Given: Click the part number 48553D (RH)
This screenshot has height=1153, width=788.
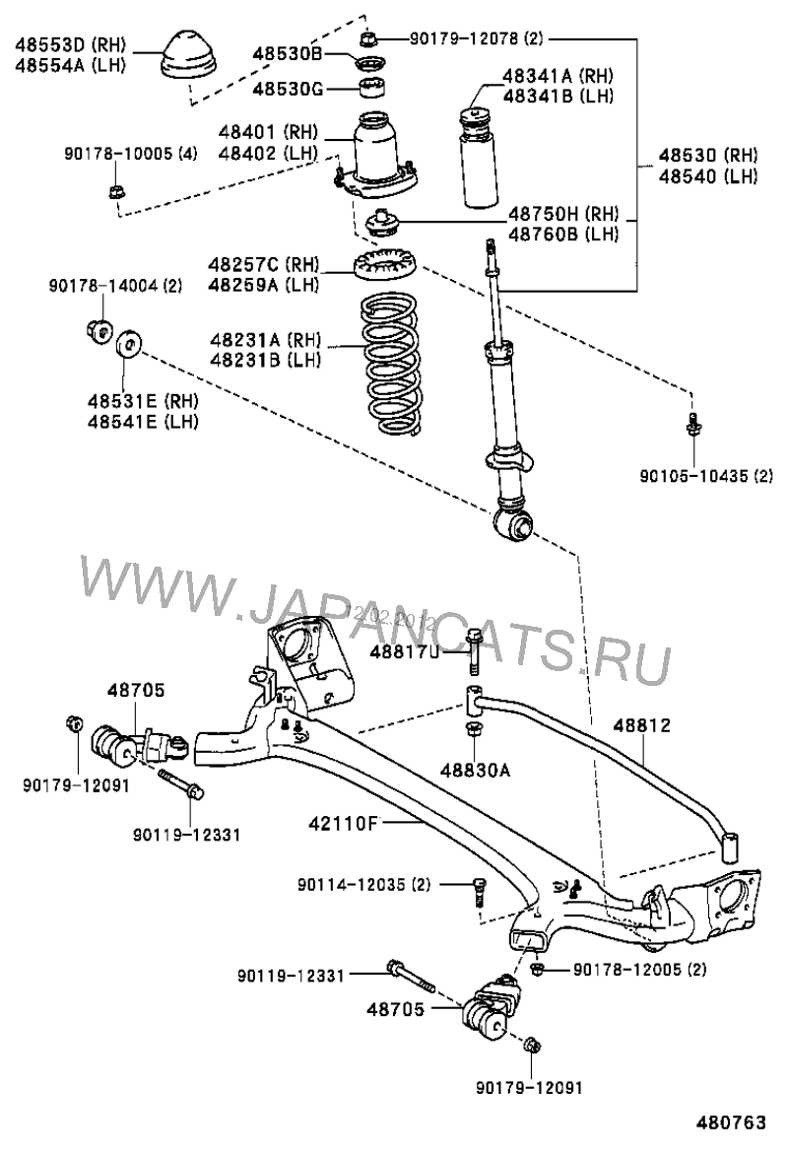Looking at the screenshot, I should (x=58, y=43).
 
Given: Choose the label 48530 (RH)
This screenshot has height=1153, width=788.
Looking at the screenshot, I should (x=708, y=156).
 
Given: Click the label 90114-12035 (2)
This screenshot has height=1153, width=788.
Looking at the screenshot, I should (x=364, y=885).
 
